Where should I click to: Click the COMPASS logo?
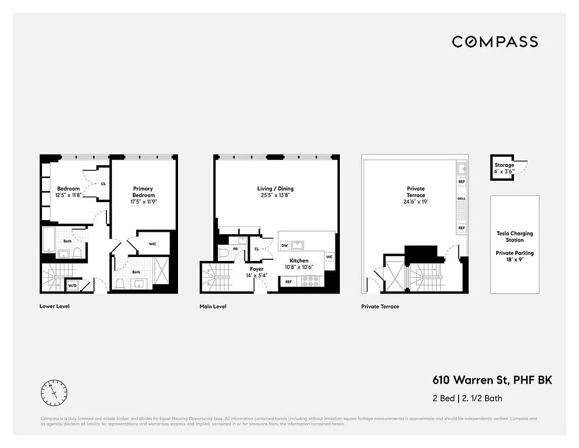click(x=494, y=41)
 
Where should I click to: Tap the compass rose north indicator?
click(x=54, y=393)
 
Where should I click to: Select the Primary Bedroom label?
click(x=143, y=192)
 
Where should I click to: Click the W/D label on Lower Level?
click(x=72, y=286)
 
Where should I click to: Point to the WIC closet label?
click(x=152, y=244)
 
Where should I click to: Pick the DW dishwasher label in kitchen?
click(x=284, y=245)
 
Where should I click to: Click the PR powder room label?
click(x=235, y=248)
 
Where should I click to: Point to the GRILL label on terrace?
click(x=461, y=199)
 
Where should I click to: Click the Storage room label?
click(x=504, y=165)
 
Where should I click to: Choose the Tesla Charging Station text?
click(x=515, y=236)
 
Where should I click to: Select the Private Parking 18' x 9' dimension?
click(x=515, y=260)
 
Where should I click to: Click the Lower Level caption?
click(x=54, y=306)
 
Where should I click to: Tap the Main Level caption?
click(x=213, y=306)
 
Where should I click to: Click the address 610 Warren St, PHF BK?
click(x=492, y=380)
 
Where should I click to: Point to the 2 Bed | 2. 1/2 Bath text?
click(x=467, y=399)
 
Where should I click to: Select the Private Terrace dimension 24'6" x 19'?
click(x=415, y=202)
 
